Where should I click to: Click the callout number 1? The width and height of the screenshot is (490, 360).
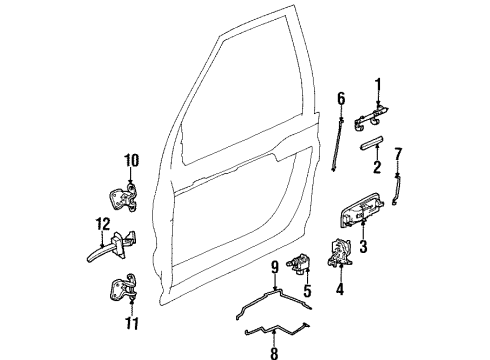(379, 83)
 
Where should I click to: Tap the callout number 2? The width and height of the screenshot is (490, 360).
(378, 166)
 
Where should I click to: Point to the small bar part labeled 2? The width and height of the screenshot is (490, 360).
(378, 139)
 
